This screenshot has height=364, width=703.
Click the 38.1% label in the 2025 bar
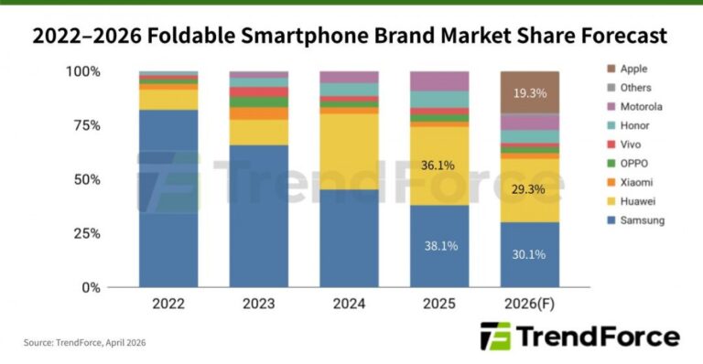[438, 245]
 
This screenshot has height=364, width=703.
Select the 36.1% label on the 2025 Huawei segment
[438, 166]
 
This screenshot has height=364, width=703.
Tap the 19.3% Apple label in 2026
[530, 92]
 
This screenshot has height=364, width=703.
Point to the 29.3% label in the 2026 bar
[530, 189]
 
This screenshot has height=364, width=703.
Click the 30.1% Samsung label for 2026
[530, 255]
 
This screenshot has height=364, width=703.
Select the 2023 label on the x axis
[258, 303]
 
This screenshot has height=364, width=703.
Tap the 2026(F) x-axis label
[530, 303]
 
